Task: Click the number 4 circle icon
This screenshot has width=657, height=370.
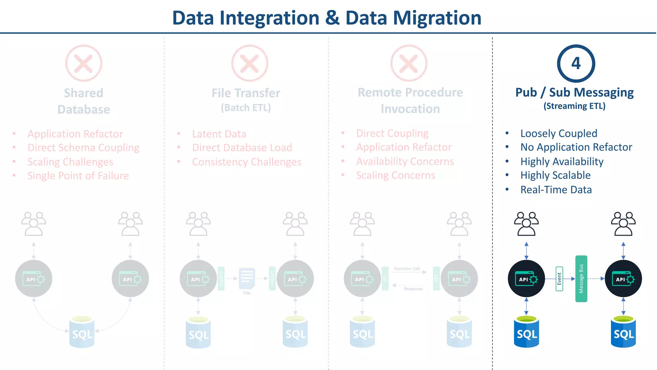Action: (576, 63)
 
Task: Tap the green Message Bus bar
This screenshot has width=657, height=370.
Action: (581, 278)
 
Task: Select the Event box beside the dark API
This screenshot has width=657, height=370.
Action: (559, 279)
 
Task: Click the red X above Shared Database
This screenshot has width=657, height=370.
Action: (84, 63)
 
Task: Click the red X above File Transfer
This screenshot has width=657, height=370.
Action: (250, 63)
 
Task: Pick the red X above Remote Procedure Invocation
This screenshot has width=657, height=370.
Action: (409, 63)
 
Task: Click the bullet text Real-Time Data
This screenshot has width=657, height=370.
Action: (556, 189)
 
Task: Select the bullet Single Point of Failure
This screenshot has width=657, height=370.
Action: (78, 176)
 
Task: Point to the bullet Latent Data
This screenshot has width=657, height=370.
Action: (219, 134)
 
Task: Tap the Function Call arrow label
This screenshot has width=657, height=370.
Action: (407, 269)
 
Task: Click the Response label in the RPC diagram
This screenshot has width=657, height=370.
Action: (413, 289)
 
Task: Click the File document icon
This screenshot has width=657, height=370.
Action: (247, 278)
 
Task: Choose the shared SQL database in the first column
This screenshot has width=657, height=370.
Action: (82, 332)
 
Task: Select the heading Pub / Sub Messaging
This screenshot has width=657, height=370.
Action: (574, 92)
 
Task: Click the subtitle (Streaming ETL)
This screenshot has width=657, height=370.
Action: (574, 106)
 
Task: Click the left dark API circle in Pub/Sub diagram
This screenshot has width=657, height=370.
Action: (526, 278)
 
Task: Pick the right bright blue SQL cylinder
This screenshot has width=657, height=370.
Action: (623, 332)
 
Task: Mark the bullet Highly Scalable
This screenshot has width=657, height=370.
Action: (555, 175)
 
